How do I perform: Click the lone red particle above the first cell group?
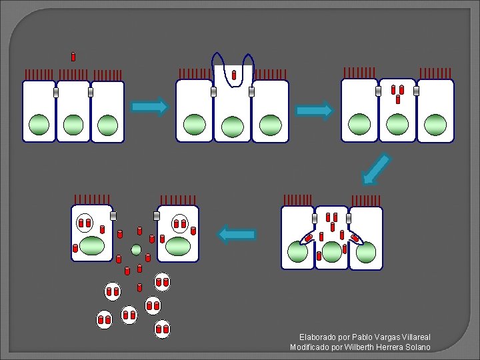(x=73, y=57)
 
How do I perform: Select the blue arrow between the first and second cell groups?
(x=149, y=107)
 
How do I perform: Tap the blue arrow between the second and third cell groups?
(x=314, y=110)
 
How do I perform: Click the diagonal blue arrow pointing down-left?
(x=376, y=168)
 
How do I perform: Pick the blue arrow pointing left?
(x=237, y=234)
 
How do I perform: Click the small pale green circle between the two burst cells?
(x=137, y=250)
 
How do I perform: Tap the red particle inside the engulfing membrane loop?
(x=234, y=75)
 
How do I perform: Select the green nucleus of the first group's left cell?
(x=39, y=124)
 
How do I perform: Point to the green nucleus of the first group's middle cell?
(x=73, y=125)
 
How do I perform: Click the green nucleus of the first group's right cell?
(x=107, y=125)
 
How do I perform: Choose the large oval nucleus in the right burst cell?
(x=178, y=246)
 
